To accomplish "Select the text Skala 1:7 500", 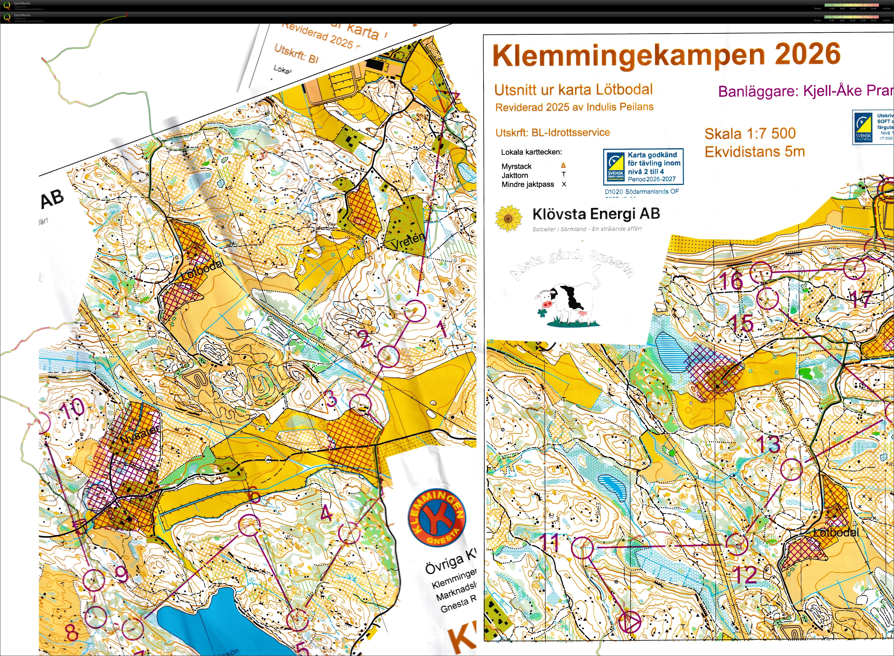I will point(750,134).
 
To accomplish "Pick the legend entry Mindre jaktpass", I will point(528,184).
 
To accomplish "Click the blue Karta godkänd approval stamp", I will point(643,167).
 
